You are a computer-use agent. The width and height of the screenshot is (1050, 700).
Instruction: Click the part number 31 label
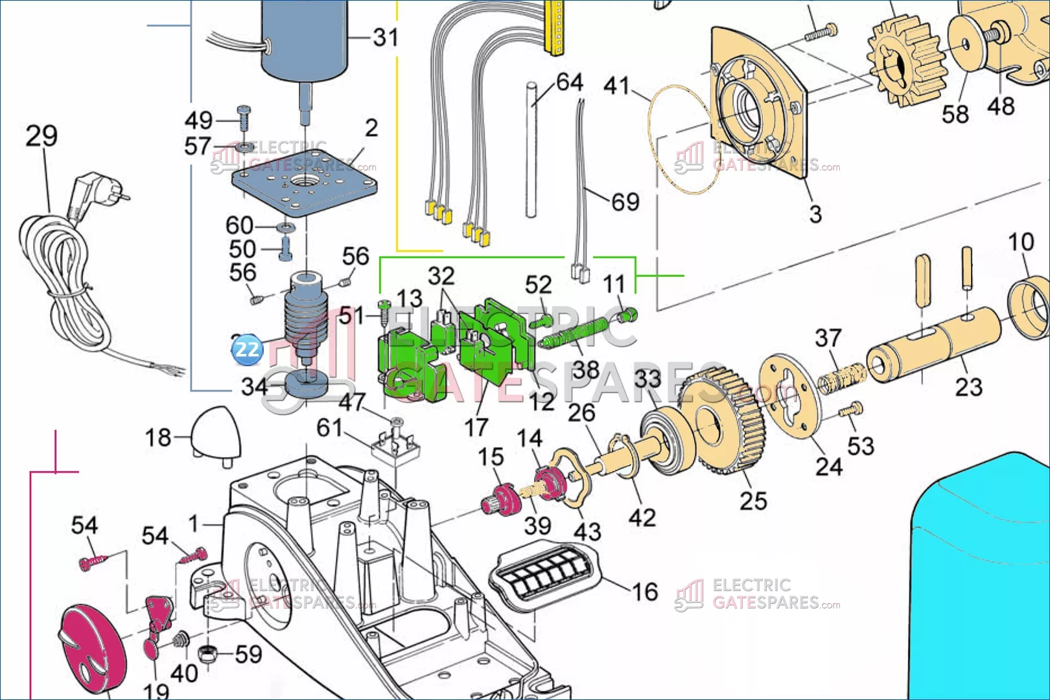click(386, 37)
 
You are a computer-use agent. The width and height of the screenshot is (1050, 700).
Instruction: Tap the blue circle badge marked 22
click(247, 349)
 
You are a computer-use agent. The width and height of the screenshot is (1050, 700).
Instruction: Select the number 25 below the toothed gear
click(753, 500)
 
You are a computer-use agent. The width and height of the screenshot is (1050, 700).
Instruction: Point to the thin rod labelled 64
click(531, 149)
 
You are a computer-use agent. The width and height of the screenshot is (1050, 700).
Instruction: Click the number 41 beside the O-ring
click(616, 85)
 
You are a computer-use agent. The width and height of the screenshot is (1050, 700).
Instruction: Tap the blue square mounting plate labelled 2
click(305, 181)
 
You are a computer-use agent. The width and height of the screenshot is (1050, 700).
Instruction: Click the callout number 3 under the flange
click(815, 213)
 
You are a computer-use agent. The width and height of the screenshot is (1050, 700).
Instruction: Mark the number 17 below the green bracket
click(476, 427)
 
